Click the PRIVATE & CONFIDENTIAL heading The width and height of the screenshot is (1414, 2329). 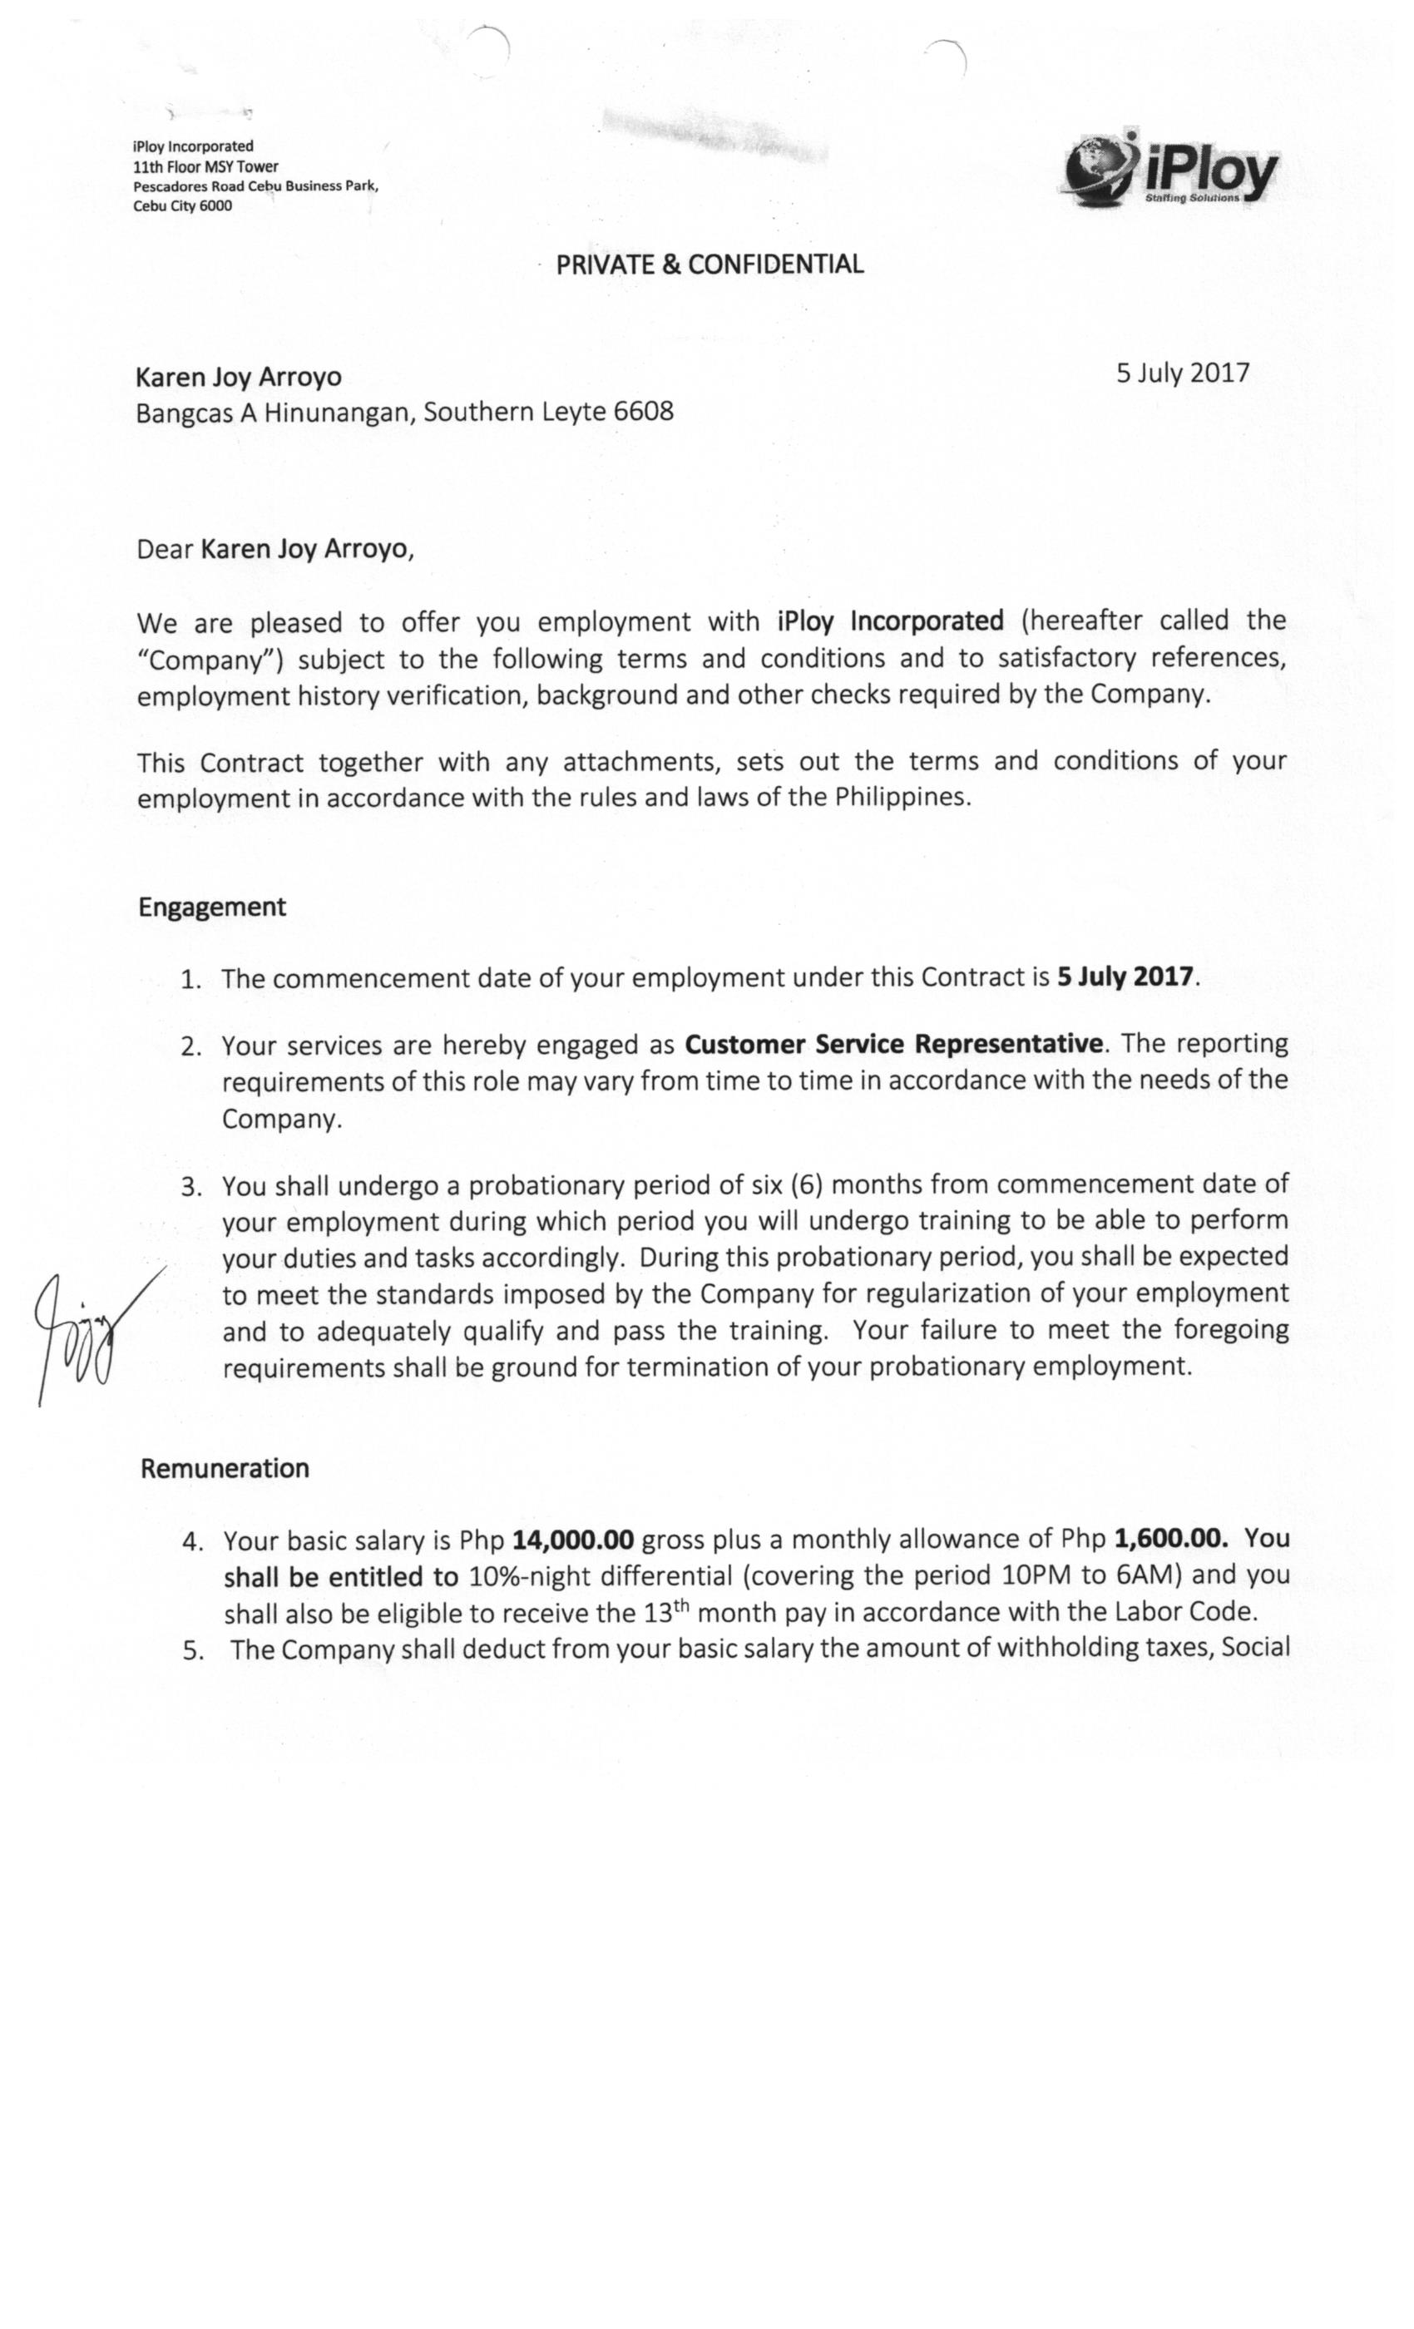tap(709, 265)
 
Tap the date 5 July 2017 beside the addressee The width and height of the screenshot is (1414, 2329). tap(1181, 373)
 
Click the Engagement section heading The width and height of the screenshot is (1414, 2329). tap(212, 907)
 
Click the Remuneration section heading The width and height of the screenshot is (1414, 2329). tap(225, 1469)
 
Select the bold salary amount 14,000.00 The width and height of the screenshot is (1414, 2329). tap(572, 1540)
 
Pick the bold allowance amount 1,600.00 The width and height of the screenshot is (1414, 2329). tap(1171, 1539)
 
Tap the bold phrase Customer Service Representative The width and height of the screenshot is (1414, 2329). tap(893, 1045)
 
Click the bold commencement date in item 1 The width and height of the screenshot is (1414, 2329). tap(1125, 977)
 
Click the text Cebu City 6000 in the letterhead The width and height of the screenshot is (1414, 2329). tap(182, 206)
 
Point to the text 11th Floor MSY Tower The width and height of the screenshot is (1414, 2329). tap(206, 166)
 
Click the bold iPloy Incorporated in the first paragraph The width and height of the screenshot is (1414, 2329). tap(889, 621)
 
